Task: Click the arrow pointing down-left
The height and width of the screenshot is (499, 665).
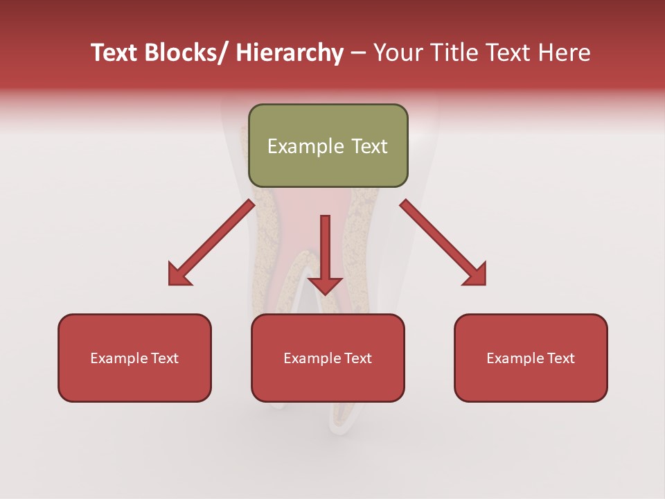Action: point(211,243)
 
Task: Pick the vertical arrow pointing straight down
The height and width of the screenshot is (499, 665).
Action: point(325,253)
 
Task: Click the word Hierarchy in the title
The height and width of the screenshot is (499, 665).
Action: point(290,53)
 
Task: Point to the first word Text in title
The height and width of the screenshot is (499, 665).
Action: point(115,53)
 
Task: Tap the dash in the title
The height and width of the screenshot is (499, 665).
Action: point(358,53)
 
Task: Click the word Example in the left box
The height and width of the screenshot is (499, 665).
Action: point(119,358)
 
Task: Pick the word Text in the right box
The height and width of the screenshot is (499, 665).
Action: point(560,358)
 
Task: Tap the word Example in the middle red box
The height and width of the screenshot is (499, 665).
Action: point(312,358)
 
